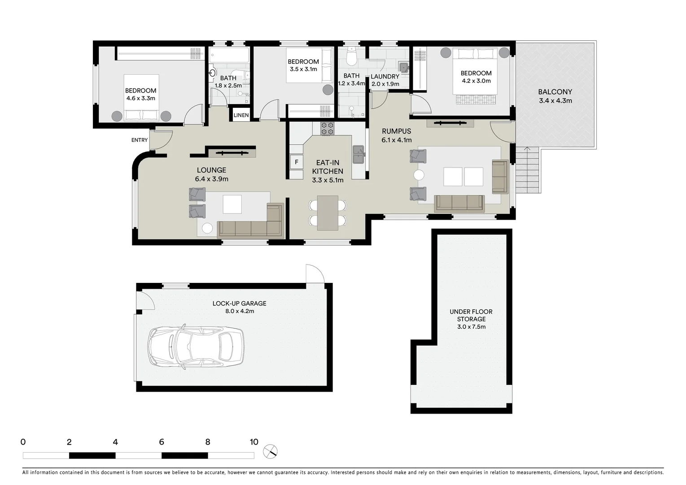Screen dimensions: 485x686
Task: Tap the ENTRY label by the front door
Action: (140, 140)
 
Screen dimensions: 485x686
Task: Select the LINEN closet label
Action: (241, 115)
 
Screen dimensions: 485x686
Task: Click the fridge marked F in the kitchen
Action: (297, 162)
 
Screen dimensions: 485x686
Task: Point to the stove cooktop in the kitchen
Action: (327, 128)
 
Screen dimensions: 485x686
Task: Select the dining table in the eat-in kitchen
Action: (328, 213)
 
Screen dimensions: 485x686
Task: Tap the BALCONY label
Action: (555, 92)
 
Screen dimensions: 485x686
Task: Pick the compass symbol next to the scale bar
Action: (271, 451)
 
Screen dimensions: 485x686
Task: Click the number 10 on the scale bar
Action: (254, 442)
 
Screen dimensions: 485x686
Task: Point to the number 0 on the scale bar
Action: (23, 442)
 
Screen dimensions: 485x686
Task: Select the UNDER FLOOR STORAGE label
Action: (471, 315)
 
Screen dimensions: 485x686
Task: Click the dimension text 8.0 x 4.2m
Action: (240, 311)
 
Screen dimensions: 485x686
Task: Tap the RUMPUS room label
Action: (396, 131)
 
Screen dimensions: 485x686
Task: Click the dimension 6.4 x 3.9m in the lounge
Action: (211, 179)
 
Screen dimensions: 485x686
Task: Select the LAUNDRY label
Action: (385, 77)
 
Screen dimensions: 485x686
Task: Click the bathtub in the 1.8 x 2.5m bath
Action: (229, 56)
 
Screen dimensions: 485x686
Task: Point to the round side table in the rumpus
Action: (419, 175)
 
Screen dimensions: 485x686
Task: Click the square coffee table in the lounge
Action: (232, 204)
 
